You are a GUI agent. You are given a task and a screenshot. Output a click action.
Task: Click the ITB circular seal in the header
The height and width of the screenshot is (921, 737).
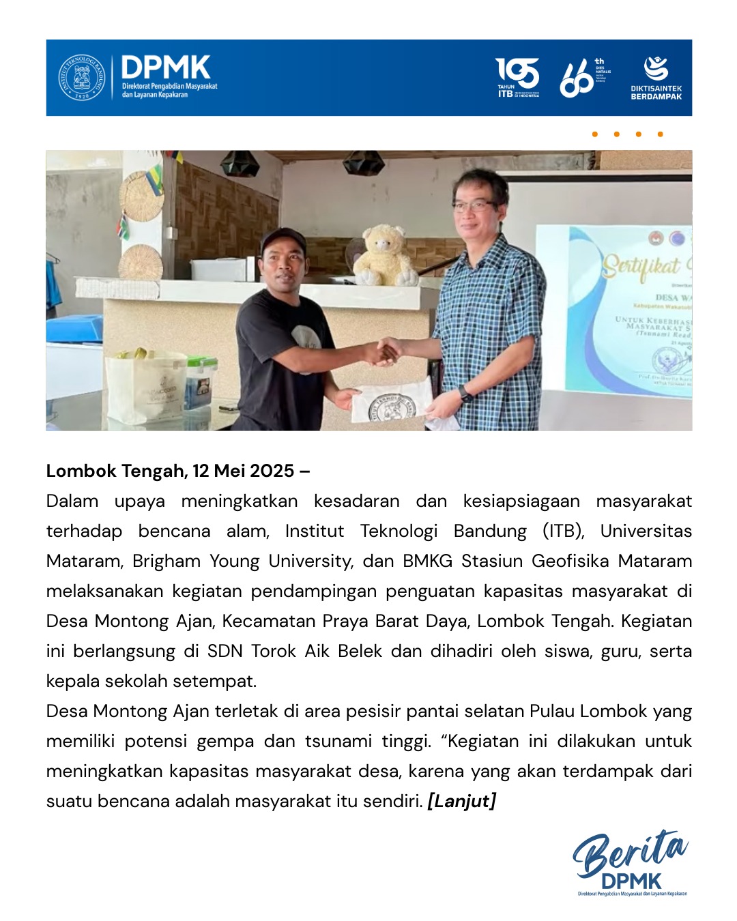click(82, 78)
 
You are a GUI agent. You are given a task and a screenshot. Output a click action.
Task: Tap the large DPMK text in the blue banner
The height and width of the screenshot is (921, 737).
click(166, 68)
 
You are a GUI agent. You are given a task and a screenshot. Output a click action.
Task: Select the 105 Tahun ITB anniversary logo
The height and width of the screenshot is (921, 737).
click(517, 77)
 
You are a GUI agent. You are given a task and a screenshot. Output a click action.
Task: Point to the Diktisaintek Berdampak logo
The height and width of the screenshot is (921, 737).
click(656, 77)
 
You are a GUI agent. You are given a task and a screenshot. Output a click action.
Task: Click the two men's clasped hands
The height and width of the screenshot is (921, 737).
click(389, 351)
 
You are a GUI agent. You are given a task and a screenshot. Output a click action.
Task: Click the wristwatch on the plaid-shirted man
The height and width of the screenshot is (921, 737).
click(465, 394)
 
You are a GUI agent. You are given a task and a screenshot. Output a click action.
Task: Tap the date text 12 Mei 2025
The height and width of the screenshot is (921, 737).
click(244, 471)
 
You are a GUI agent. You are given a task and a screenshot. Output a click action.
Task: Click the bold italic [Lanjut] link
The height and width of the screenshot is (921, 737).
click(461, 801)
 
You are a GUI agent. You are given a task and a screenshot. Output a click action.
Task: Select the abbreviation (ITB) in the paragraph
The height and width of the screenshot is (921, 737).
click(563, 531)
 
